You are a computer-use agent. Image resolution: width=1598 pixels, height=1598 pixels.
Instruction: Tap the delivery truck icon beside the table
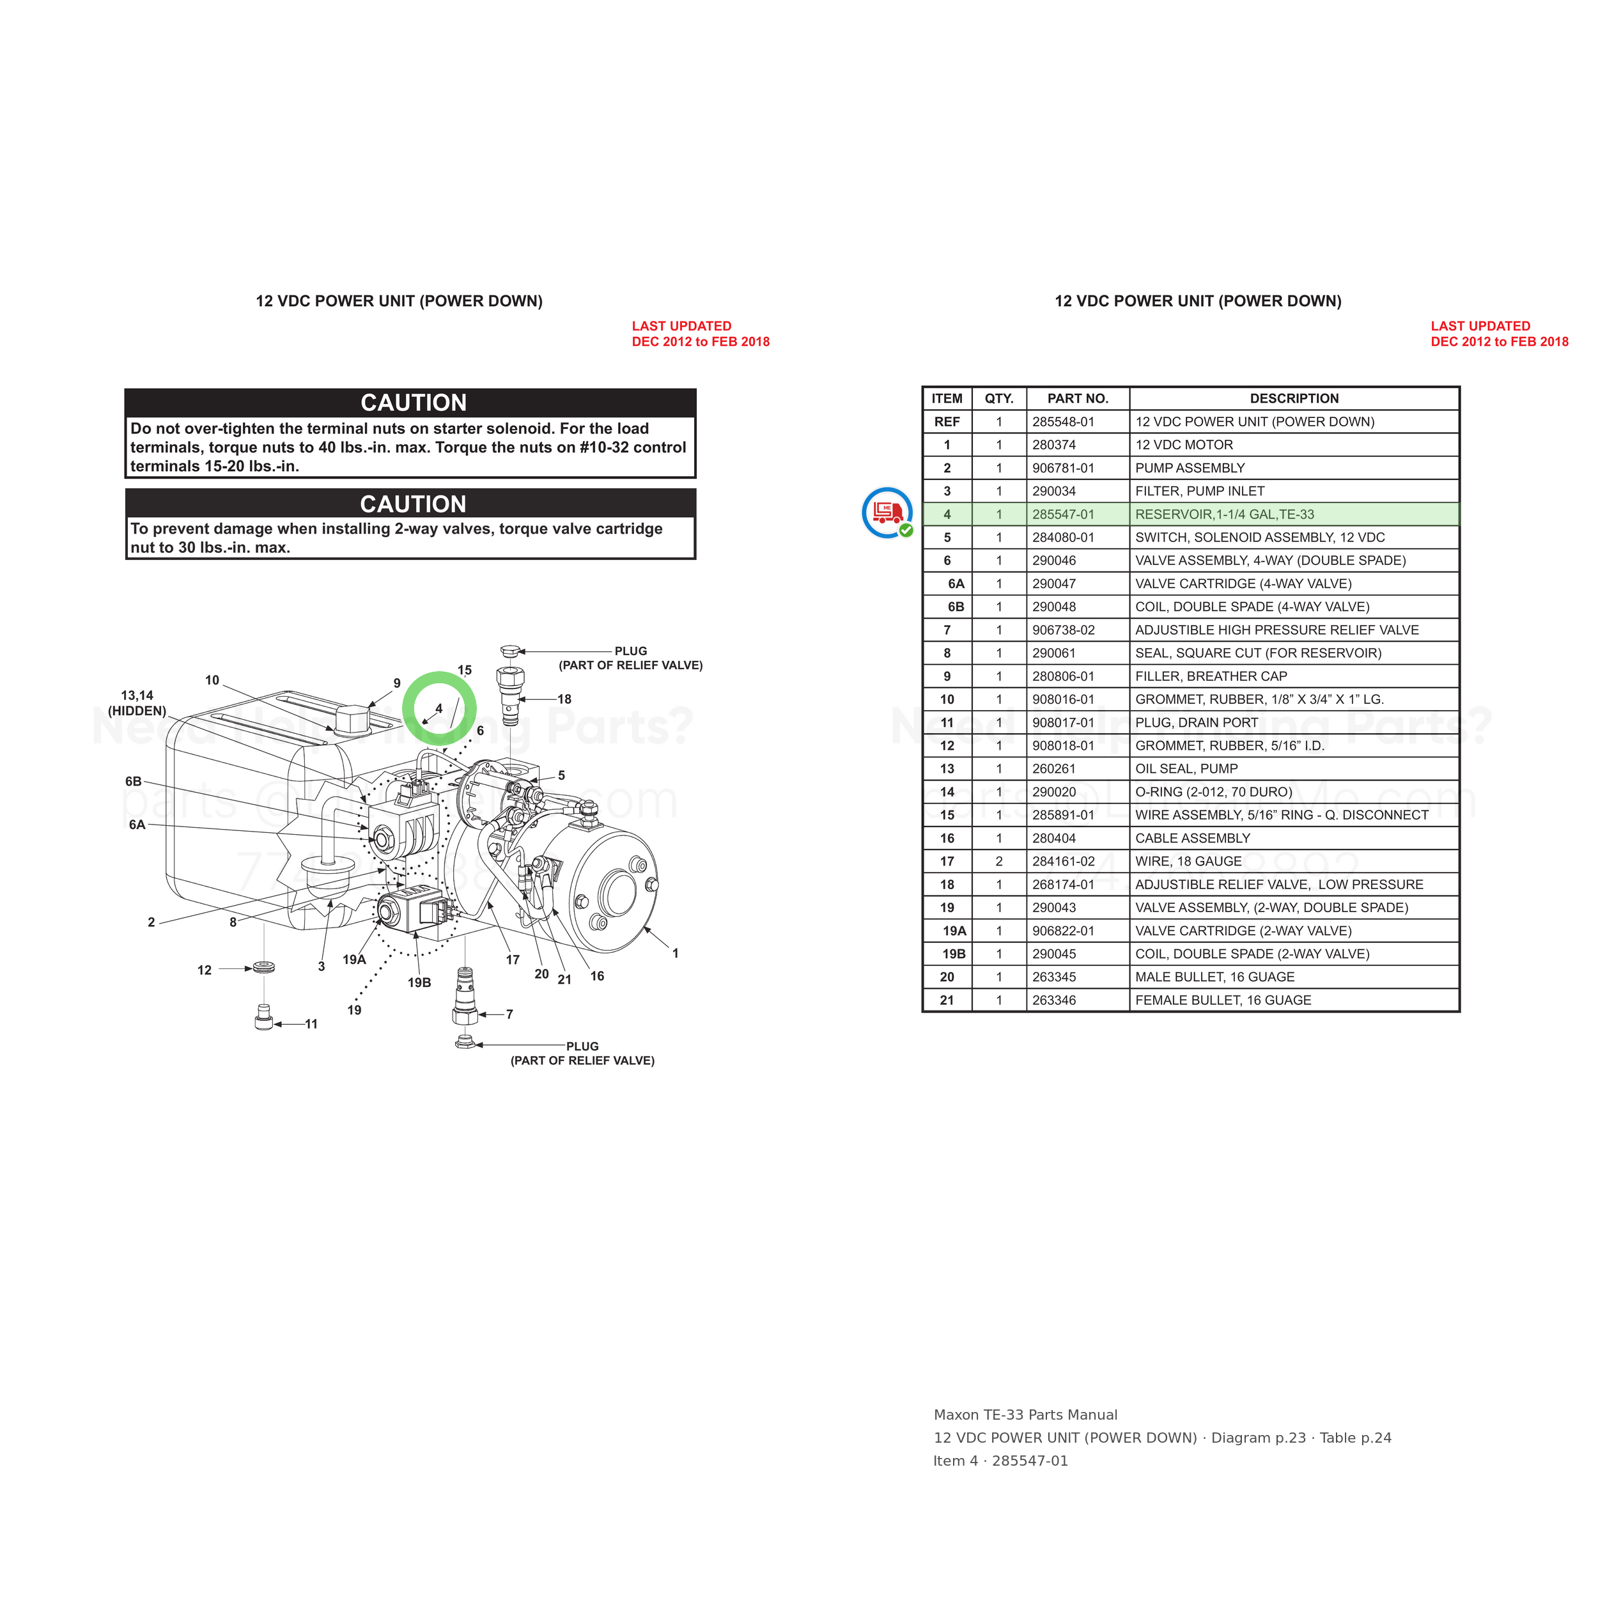click(887, 513)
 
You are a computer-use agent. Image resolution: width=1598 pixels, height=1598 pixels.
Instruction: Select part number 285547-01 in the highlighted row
click(1063, 515)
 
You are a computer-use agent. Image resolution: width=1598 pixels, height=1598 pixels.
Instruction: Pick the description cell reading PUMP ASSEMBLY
click(1190, 468)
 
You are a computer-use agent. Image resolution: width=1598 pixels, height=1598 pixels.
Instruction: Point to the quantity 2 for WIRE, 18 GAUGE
click(999, 862)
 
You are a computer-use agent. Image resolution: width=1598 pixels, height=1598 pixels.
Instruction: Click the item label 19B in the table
click(954, 954)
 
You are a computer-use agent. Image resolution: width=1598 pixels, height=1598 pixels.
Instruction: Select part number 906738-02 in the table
click(1063, 630)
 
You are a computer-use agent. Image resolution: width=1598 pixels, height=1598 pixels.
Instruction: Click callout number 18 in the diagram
click(564, 699)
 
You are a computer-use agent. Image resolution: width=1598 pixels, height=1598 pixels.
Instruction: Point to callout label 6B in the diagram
click(133, 782)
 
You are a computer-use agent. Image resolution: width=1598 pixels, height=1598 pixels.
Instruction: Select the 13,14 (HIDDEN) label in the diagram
click(137, 703)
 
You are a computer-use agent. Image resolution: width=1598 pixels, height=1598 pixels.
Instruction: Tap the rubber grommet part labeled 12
click(264, 967)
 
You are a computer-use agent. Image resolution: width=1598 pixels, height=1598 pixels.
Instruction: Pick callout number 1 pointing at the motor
click(675, 954)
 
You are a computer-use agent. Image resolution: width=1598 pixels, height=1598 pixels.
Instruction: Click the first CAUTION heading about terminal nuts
click(414, 403)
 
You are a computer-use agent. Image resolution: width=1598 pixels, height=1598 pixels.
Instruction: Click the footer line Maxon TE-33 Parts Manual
click(1026, 1415)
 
